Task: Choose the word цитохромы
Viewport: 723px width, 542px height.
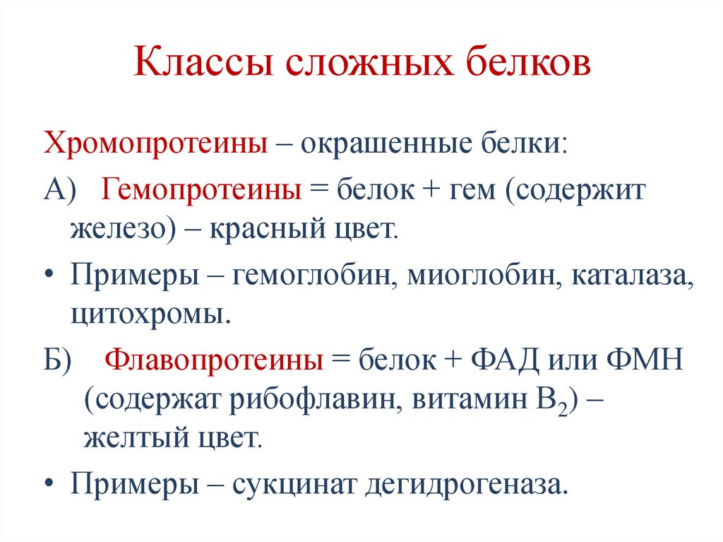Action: click(x=149, y=312)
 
